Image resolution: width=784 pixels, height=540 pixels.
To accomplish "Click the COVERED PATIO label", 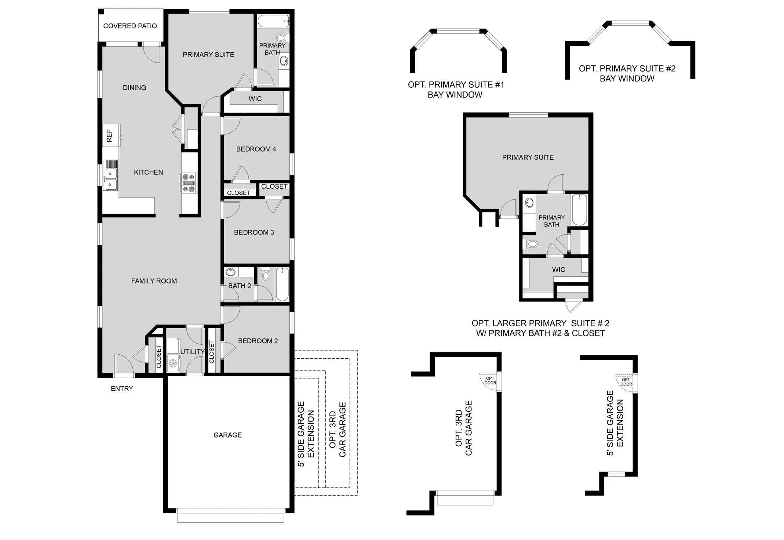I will click(x=130, y=26).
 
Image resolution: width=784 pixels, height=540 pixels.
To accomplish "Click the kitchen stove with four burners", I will click(x=189, y=183).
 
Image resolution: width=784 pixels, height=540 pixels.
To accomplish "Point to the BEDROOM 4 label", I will click(x=256, y=149).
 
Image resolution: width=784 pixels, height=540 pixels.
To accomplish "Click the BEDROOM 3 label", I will click(x=254, y=232).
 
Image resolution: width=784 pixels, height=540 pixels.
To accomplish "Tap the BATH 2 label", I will click(x=239, y=286).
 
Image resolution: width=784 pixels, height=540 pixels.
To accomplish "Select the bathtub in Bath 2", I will click(x=282, y=284).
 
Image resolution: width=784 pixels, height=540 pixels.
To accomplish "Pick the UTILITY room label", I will click(x=192, y=352).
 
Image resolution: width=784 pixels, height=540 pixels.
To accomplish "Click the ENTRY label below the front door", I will click(x=122, y=388).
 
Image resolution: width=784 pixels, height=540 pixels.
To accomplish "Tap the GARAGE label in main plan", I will click(x=227, y=435).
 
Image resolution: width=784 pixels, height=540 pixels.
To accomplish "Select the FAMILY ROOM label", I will click(x=154, y=281).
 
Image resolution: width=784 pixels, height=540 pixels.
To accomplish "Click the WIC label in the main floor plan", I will click(x=255, y=99).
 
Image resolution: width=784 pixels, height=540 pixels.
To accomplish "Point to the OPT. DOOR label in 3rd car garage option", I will click(x=490, y=381).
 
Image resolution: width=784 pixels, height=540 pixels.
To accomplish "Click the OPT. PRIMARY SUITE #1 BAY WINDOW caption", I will click(x=456, y=90).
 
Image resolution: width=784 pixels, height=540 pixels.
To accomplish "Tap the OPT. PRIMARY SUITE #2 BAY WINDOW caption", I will click(x=627, y=73).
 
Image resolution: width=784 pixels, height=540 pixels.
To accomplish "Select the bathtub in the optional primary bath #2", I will click(x=579, y=210).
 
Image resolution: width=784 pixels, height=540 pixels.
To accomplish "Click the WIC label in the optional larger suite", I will click(x=558, y=269).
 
